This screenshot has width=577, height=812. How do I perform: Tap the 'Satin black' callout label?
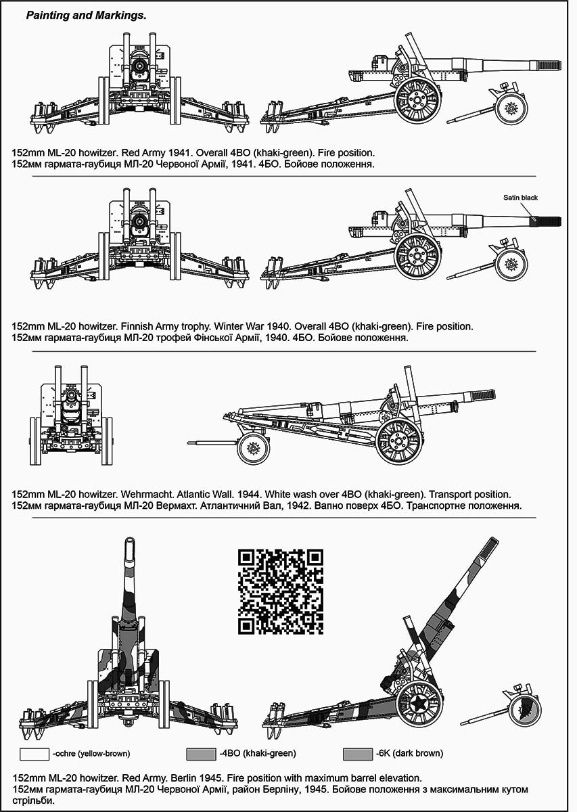pyautogui.click(x=520, y=198)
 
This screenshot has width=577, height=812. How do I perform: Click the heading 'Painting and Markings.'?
pyautogui.click(x=86, y=14)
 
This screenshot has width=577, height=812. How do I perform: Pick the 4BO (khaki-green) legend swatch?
pyautogui.click(x=202, y=753)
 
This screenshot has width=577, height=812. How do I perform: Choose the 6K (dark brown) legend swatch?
pyautogui.click(x=358, y=753)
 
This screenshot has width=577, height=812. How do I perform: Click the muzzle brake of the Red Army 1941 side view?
pyautogui.click(x=549, y=64)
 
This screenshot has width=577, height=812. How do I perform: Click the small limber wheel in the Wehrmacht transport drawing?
pyautogui.click(x=254, y=447)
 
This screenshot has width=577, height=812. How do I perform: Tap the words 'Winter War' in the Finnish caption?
pyautogui.click(x=229, y=326)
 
